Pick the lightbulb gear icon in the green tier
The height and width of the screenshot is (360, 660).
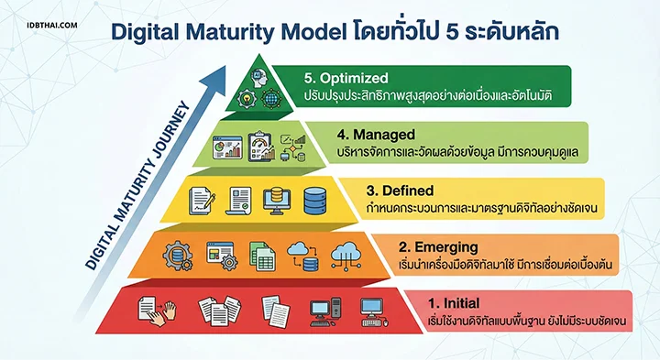247,97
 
